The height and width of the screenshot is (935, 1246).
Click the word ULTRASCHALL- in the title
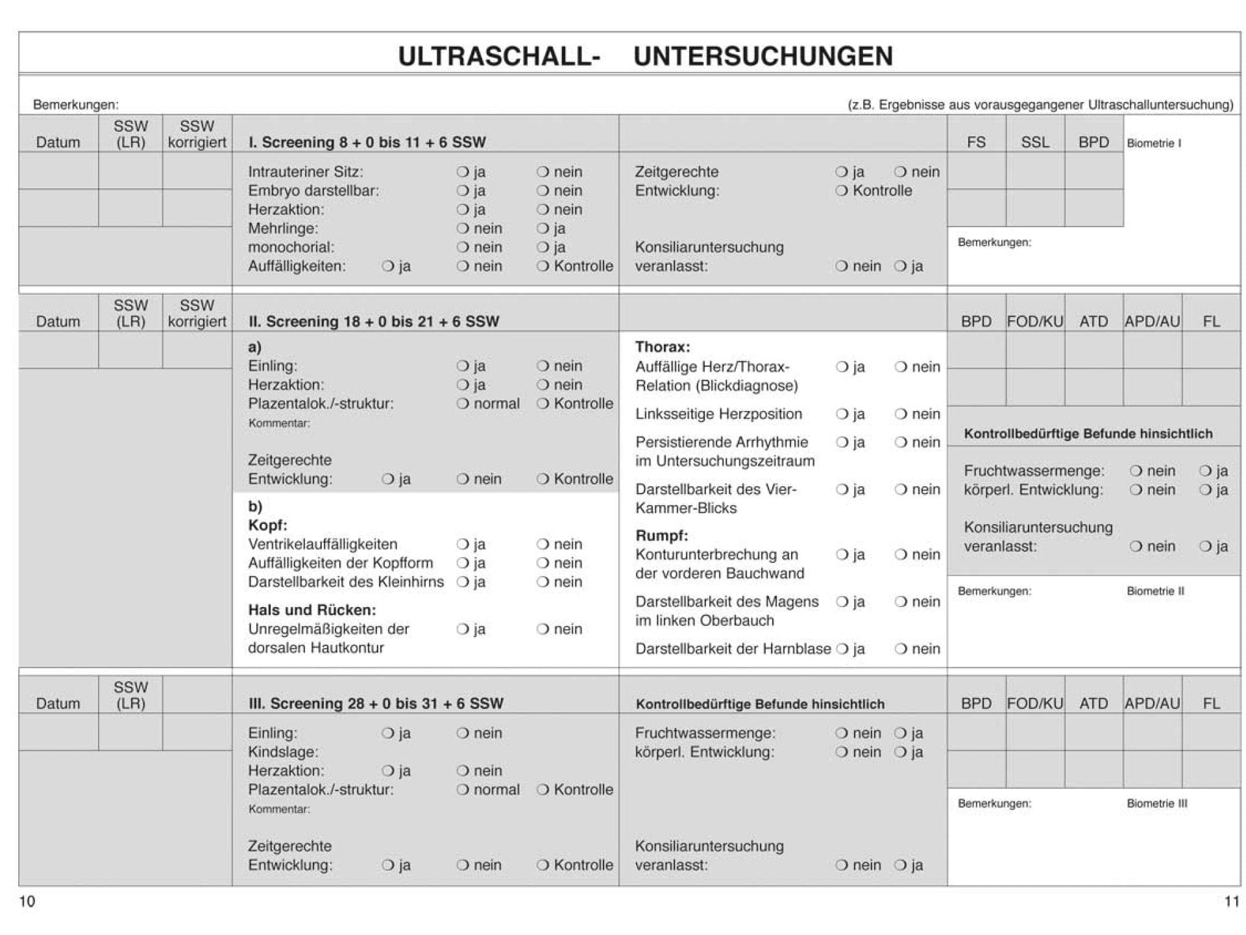click(499, 56)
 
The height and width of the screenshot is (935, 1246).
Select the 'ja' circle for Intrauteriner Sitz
click(462, 172)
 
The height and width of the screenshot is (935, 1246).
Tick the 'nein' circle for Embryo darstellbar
click(543, 191)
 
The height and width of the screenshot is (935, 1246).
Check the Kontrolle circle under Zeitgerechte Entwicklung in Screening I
click(842, 191)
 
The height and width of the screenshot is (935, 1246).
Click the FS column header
click(976, 142)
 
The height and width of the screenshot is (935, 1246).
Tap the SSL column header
click(1034, 142)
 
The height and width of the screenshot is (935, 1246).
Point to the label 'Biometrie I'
click(1153, 143)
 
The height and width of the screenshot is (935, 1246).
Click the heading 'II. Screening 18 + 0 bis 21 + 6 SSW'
click(374, 321)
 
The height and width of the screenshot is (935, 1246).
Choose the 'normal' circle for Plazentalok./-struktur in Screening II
click(462, 404)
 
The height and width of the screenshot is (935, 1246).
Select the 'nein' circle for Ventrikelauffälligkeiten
click(543, 544)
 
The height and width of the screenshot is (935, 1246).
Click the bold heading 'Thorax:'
click(662, 347)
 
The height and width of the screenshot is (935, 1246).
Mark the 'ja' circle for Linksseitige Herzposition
click(842, 414)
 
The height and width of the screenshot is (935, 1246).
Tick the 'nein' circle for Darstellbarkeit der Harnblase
click(901, 649)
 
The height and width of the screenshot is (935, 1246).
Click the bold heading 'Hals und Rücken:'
click(311, 610)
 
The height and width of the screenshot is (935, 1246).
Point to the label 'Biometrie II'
click(1155, 591)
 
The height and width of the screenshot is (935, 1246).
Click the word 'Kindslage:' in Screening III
click(283, 752)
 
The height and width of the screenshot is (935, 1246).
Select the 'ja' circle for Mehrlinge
click(543, 229)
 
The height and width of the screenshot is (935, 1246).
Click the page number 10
click(27, 901)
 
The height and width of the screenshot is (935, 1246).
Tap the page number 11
click(1231, 901)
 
